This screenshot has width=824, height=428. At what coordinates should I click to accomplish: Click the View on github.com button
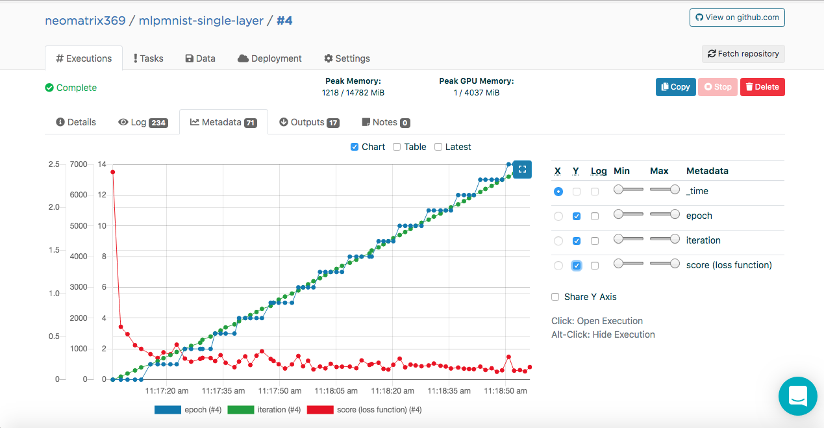[737, 18]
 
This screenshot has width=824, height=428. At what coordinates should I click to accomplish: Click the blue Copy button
[675, 87]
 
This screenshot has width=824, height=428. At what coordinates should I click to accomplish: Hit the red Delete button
[762, 87]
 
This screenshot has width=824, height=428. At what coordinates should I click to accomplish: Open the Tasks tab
[148, 58]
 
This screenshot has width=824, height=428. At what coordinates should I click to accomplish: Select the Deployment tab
[269, 58]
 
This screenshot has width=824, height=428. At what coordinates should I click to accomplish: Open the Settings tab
[347, 58]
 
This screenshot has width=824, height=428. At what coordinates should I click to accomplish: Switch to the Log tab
[143, 122]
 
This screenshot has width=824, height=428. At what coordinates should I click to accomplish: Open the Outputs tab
[309, 122]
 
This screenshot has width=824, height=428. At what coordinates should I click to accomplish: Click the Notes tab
[386, 122]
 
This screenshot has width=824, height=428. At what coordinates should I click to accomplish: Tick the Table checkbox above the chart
[397, 147]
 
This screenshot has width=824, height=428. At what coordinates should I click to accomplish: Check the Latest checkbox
[438, 147]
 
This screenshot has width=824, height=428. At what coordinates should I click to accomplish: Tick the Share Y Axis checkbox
[555, 297]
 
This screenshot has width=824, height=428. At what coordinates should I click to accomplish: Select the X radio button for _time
[558, 192]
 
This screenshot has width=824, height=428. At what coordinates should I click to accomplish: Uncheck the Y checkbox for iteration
[577, 241]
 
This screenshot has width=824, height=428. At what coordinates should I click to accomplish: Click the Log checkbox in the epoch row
[594, 216]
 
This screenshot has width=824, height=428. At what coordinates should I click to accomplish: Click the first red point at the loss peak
[113, 172]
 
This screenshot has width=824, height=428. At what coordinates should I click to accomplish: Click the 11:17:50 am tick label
[280, 391]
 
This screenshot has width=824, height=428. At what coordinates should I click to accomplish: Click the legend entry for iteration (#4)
[264, 410]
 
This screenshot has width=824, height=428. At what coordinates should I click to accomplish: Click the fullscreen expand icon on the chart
[522, 170]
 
